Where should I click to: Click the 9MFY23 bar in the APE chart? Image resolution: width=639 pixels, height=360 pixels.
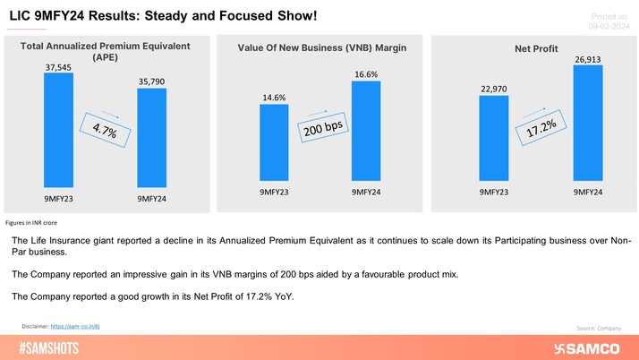point(58,133)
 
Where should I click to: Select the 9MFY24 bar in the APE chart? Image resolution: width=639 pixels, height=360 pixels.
point(151,141)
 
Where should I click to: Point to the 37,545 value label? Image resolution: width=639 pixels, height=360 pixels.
point(58,65)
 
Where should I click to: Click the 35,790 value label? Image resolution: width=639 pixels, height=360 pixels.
point(151,81)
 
